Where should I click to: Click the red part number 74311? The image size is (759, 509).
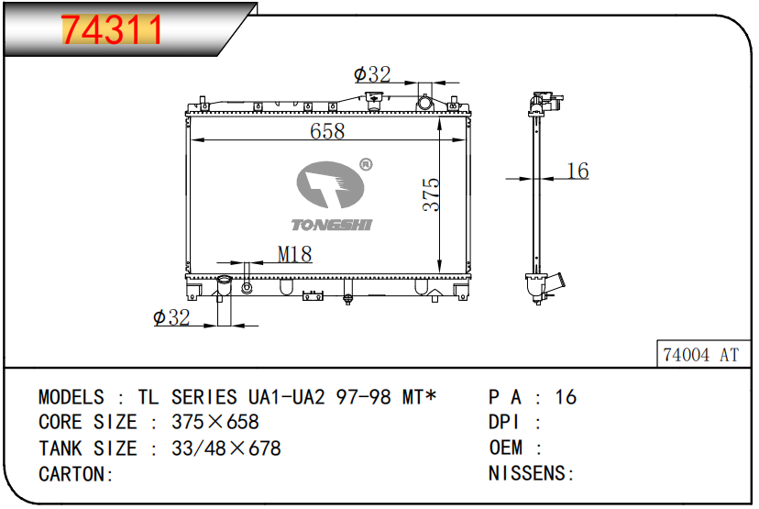(x=111, y=30)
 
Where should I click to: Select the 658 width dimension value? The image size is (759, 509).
(x=326, y=131)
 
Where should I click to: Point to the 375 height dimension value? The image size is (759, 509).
(x=432, y=194)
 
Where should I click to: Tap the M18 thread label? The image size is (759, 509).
(x=294, y=255)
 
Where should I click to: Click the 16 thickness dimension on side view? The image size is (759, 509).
(x=577, y=171)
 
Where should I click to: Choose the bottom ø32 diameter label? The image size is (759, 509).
(x=171, y=317)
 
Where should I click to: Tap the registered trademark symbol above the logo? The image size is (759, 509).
(x=365, y=164)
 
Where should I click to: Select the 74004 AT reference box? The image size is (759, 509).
(x=699, y=355)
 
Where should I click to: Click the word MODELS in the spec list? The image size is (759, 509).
(x=71, y=397)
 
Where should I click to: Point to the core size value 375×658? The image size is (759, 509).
(x=215, y=423)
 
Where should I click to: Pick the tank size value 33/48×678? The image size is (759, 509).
(x=226, y=448)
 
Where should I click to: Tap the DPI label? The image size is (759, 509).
(x=504, y=423)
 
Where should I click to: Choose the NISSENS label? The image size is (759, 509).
(x=530, y=474)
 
